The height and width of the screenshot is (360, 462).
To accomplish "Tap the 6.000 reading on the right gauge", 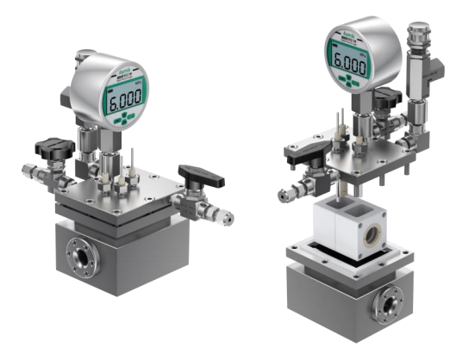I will tap(350, 63).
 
